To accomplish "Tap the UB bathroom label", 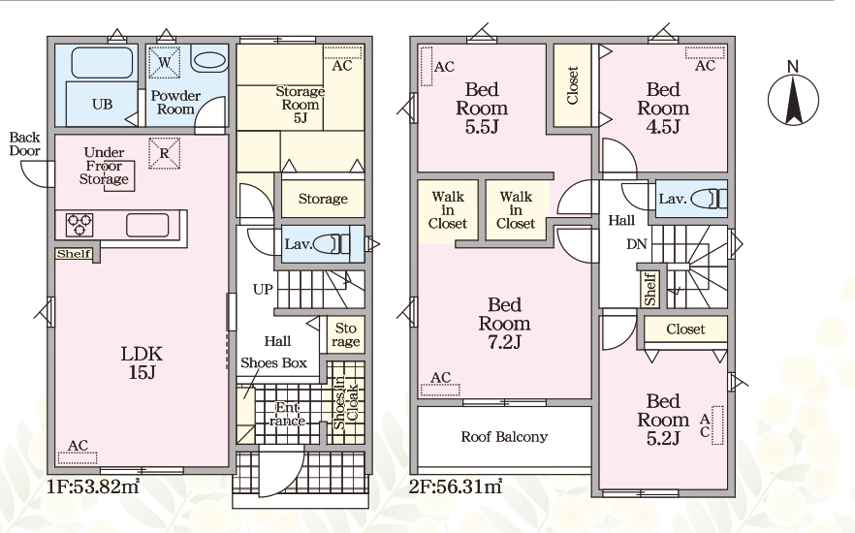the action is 102,104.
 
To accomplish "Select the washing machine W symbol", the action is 164,62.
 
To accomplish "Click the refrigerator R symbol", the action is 164,153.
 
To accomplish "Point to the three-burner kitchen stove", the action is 79,225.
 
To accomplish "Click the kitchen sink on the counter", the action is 147,225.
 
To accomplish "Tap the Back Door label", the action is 25,143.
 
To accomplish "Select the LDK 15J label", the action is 142,363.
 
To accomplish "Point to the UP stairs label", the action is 263,289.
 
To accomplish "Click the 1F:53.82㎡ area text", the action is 93,486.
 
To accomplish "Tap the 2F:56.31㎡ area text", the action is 456,486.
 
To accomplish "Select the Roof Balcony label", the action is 504,436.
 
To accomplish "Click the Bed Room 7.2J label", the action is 504,323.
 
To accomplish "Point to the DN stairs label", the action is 636,244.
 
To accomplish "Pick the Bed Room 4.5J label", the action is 663,108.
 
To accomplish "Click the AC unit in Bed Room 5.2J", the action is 717,425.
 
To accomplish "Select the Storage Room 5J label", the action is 300,104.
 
